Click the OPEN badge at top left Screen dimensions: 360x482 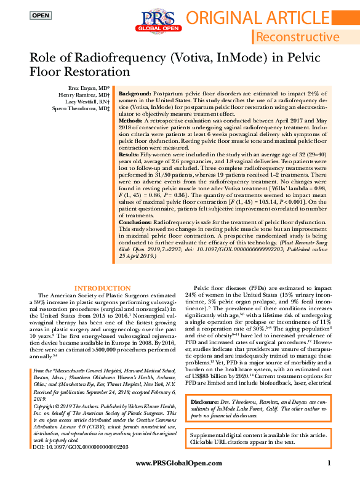[41, 14]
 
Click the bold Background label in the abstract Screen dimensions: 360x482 [135, 92]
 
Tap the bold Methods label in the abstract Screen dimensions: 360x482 [132, 121]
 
